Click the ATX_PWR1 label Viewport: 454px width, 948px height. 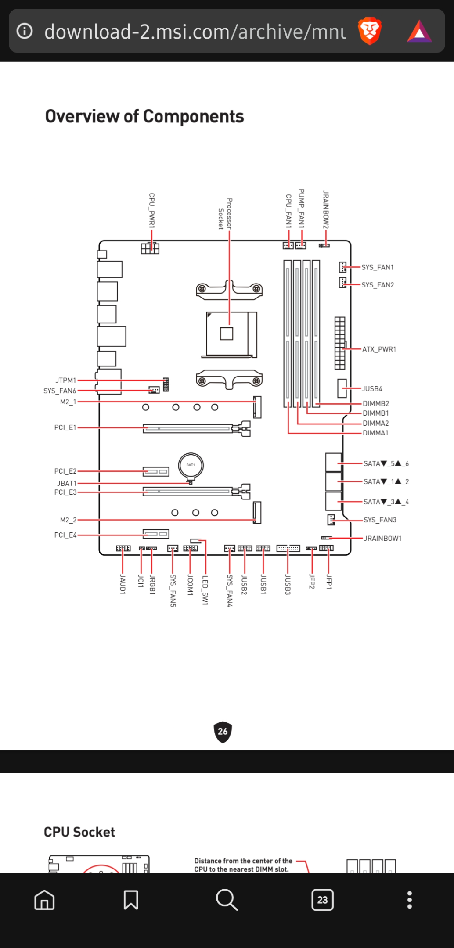[379, 349]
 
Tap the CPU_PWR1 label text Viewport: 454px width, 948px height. [152, 210]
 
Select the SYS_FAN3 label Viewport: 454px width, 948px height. [380, 520]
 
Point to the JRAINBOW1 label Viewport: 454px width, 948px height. [382, 538]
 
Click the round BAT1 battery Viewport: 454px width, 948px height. [191, 465]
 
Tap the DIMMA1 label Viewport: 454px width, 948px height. [375, 433]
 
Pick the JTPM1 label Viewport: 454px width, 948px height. [66, 380]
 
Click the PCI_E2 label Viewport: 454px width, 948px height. [65, 471]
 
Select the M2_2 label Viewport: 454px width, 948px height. [68, 520]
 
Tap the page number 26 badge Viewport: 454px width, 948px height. [223, 732]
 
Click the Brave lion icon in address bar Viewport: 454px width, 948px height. [370, 31]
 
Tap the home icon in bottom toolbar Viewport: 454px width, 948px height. [44, 900]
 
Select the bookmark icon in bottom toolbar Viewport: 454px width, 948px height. [131, 900]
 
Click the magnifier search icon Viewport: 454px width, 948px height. [227, 900]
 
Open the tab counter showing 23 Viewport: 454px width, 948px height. [322, 900]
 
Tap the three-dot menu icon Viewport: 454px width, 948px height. [410, 900]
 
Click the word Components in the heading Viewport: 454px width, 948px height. [193, 116]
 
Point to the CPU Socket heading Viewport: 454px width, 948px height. [79, 832]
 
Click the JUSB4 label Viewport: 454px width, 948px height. [372, 389]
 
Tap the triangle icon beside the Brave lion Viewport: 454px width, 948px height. [419, 31]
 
